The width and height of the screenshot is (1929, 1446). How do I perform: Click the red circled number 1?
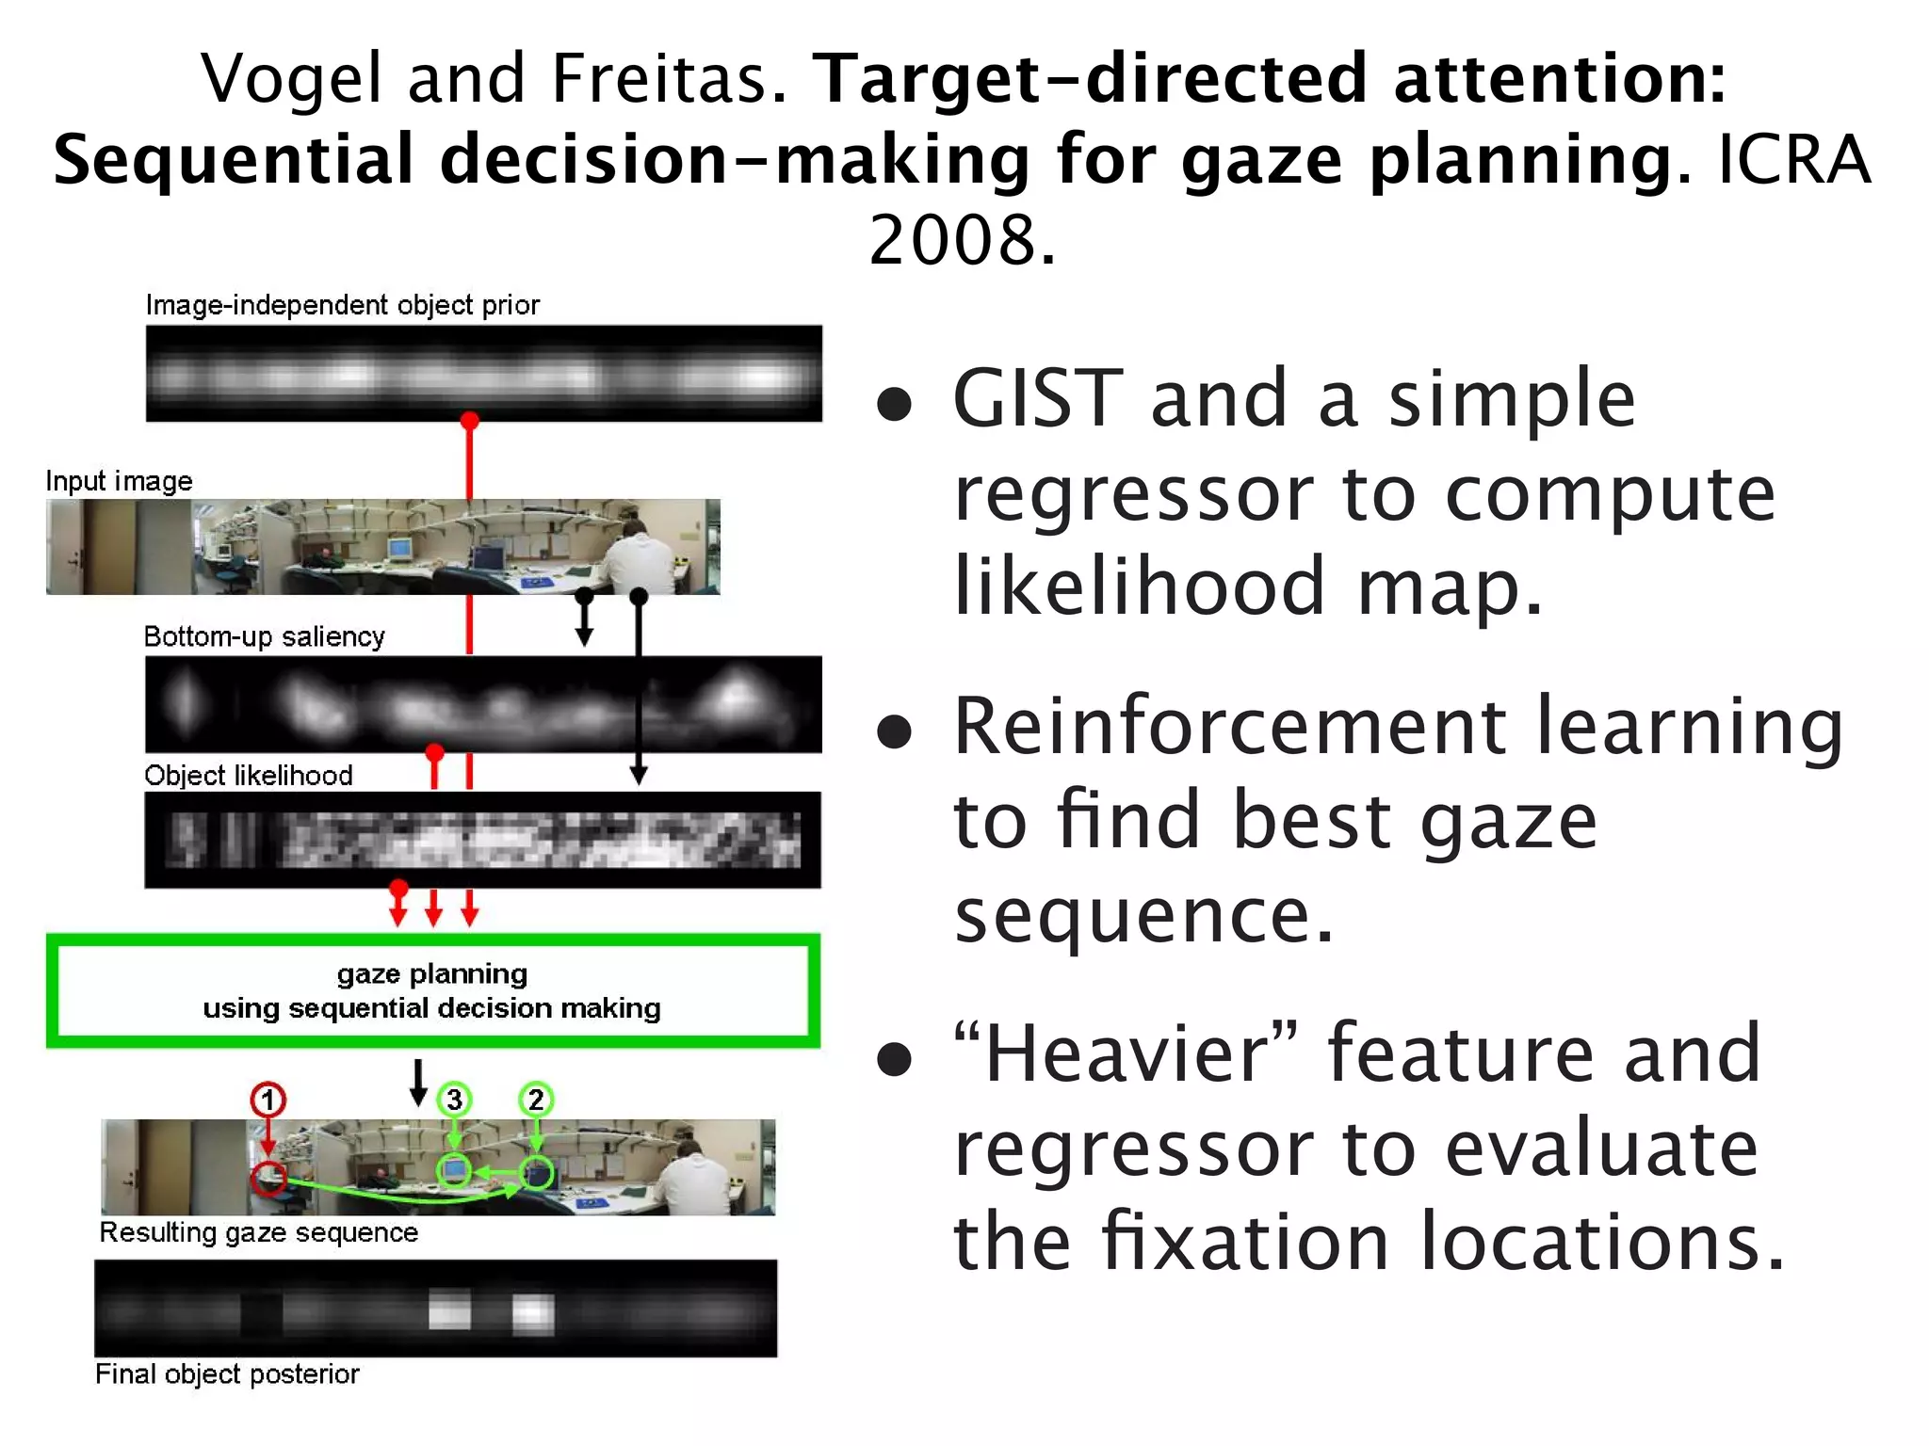point(268,1100)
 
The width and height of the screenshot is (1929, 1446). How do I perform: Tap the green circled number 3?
point(455,1100)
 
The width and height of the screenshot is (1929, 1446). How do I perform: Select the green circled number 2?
point(536,1100)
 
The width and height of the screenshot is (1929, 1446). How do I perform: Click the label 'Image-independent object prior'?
point(343,305)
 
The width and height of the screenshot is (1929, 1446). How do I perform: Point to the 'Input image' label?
point(120,481)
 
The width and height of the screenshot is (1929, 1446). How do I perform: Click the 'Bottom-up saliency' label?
point(265,637)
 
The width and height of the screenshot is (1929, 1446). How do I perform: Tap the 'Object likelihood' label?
point(249,776)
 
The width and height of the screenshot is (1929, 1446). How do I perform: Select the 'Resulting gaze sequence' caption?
point(259,1232)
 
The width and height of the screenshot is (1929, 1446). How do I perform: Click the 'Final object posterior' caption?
point(228,1374)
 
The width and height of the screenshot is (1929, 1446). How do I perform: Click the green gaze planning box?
point(433,990)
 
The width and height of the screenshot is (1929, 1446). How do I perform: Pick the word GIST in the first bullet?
point(1037,399)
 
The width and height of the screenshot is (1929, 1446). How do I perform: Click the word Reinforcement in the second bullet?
point(1228,726)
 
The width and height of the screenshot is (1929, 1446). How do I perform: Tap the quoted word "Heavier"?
point(1127,1053)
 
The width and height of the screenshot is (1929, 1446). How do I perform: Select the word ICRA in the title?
point(1794,159)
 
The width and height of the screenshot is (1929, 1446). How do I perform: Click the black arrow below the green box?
point(418,1082)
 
